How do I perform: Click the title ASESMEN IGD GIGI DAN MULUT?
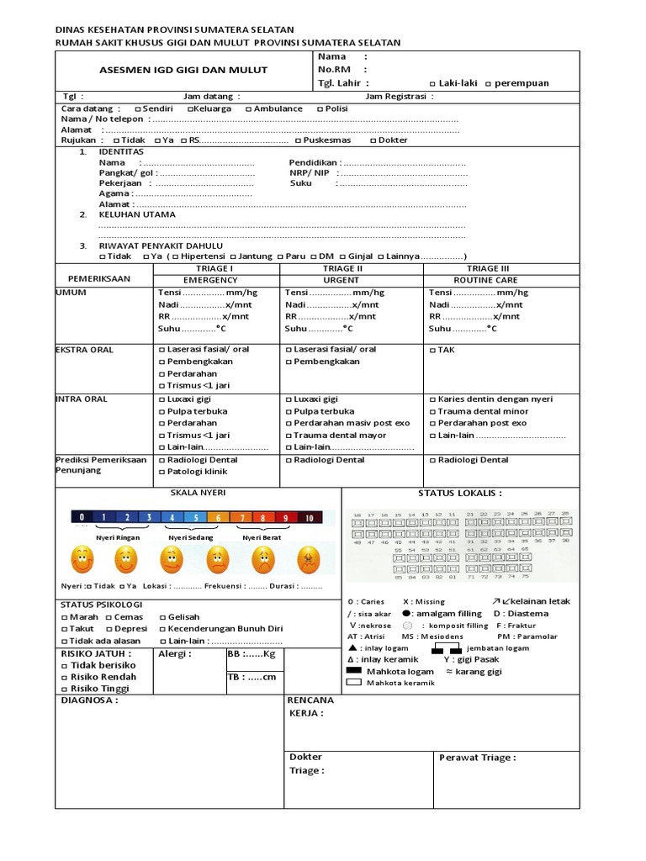(172, 70)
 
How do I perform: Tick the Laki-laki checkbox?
(432, 84)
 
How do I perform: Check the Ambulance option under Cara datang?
(248, 109)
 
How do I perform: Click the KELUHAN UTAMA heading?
(137, 214)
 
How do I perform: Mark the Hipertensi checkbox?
(175, 256)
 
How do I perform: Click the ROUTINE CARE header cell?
(487, 279)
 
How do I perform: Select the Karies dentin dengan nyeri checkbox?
(432, 399)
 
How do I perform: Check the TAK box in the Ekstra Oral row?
(432, 350)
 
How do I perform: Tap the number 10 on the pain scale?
(309, 518)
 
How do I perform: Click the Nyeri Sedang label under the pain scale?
(190, 537)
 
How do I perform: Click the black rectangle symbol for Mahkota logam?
(355, 671)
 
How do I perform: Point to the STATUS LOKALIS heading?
(460, 494)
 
